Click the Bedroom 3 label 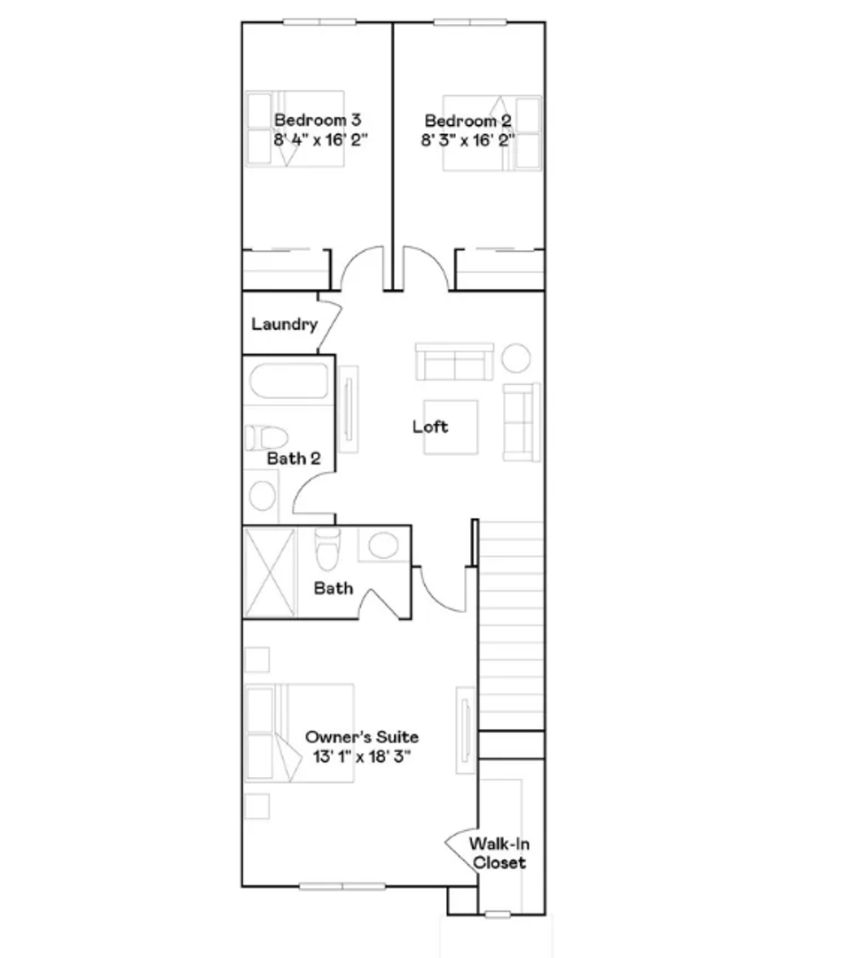pyautogui.click(x=318, y=120)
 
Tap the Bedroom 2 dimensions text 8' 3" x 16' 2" pyautogui.click(x=468, y=140)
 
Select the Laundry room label pyautogui.click(x=284, y=325)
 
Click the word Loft pyautogui.click(x=430, y=427)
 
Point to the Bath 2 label pyautogui.click(x=294, y=459)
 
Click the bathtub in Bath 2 pyautogui.click(x=289, y=381)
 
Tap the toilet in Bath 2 pyautogui.click(x=266, y=437)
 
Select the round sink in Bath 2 pyautogui.click(x=263, y=496)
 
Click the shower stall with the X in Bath pyautogui.click(x=270, y=572)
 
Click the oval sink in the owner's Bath pyautogui.click(x=384, y=545)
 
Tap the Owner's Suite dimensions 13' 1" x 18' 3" pyautogui.click(x=362, y=757)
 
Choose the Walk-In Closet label pyautogui.click(x=499, y=853)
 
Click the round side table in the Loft pyautogui.click(x=515, y=357)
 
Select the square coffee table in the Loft pyautogui.click(x=451, y=427)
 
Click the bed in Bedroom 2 pyautogui.click(x=491, y=132)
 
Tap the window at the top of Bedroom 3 pyautogui.click(x=319, y=22)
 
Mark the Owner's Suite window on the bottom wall pyautogui.click(x=342, y=886)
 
